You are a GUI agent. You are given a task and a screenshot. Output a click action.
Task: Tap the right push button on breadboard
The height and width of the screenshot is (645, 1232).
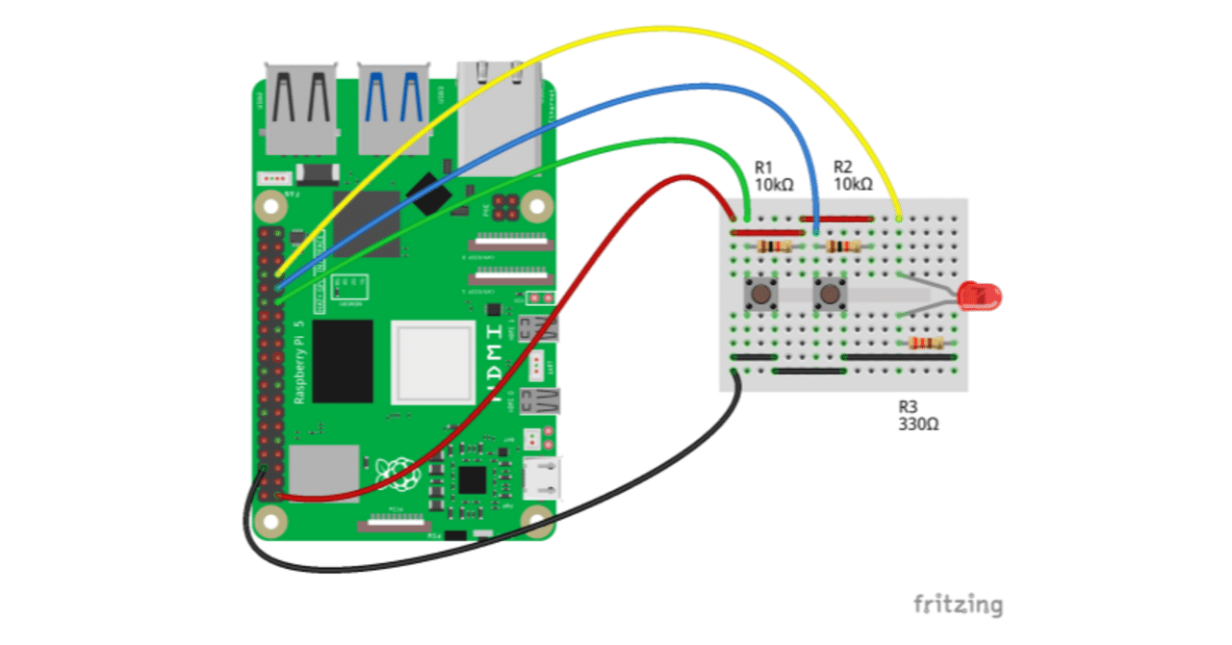(830, 294)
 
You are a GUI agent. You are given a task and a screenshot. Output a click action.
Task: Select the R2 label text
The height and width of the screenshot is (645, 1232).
(843, 166)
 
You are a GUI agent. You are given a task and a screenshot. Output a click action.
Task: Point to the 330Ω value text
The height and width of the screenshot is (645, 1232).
(919, 424)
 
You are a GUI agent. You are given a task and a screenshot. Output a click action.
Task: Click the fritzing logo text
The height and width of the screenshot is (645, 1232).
(957, 605)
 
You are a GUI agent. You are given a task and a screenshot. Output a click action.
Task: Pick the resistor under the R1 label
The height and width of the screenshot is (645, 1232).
(774, 246)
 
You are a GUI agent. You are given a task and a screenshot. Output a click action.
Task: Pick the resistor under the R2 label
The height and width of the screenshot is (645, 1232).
(843, 246)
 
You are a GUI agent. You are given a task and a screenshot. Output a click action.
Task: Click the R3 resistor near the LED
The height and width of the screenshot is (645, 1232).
(926, 344)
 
